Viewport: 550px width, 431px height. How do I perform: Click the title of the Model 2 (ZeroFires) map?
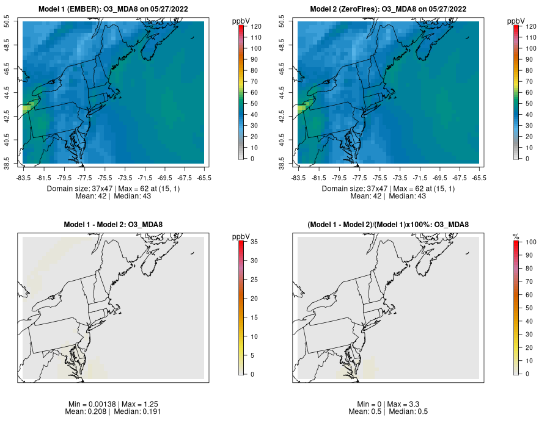(389, 9)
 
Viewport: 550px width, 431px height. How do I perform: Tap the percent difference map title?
(389, 225)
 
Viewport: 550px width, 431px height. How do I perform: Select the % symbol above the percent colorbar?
(516, 236)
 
